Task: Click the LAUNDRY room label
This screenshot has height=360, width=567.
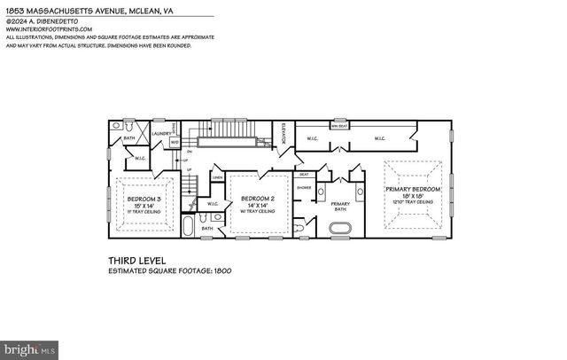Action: pos(160,134)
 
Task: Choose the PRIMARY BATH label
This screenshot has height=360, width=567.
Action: pos(341,205)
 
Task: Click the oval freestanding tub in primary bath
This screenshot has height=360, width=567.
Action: pos(341,228)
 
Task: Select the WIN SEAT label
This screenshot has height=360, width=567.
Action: pos(339,126)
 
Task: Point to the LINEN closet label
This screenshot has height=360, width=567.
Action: pos(217,178)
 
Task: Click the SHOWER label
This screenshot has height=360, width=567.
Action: pos(304,187)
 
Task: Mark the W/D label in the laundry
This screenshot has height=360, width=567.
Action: pos(175,142)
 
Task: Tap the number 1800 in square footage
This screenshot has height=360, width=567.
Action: pos(221,270)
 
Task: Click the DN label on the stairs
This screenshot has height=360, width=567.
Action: pos(190,153)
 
